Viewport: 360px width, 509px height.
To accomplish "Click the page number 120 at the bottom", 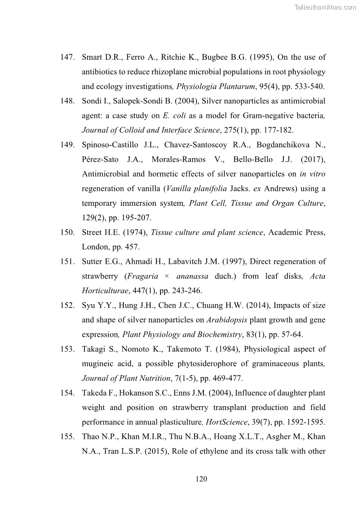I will [x=201, y=479].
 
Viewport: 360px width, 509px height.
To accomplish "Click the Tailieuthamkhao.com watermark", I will [x=325, y=7].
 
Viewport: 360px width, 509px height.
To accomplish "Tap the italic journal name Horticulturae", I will [x=106, y=291].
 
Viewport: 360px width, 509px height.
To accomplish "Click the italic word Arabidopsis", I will [x=227, y=320].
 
